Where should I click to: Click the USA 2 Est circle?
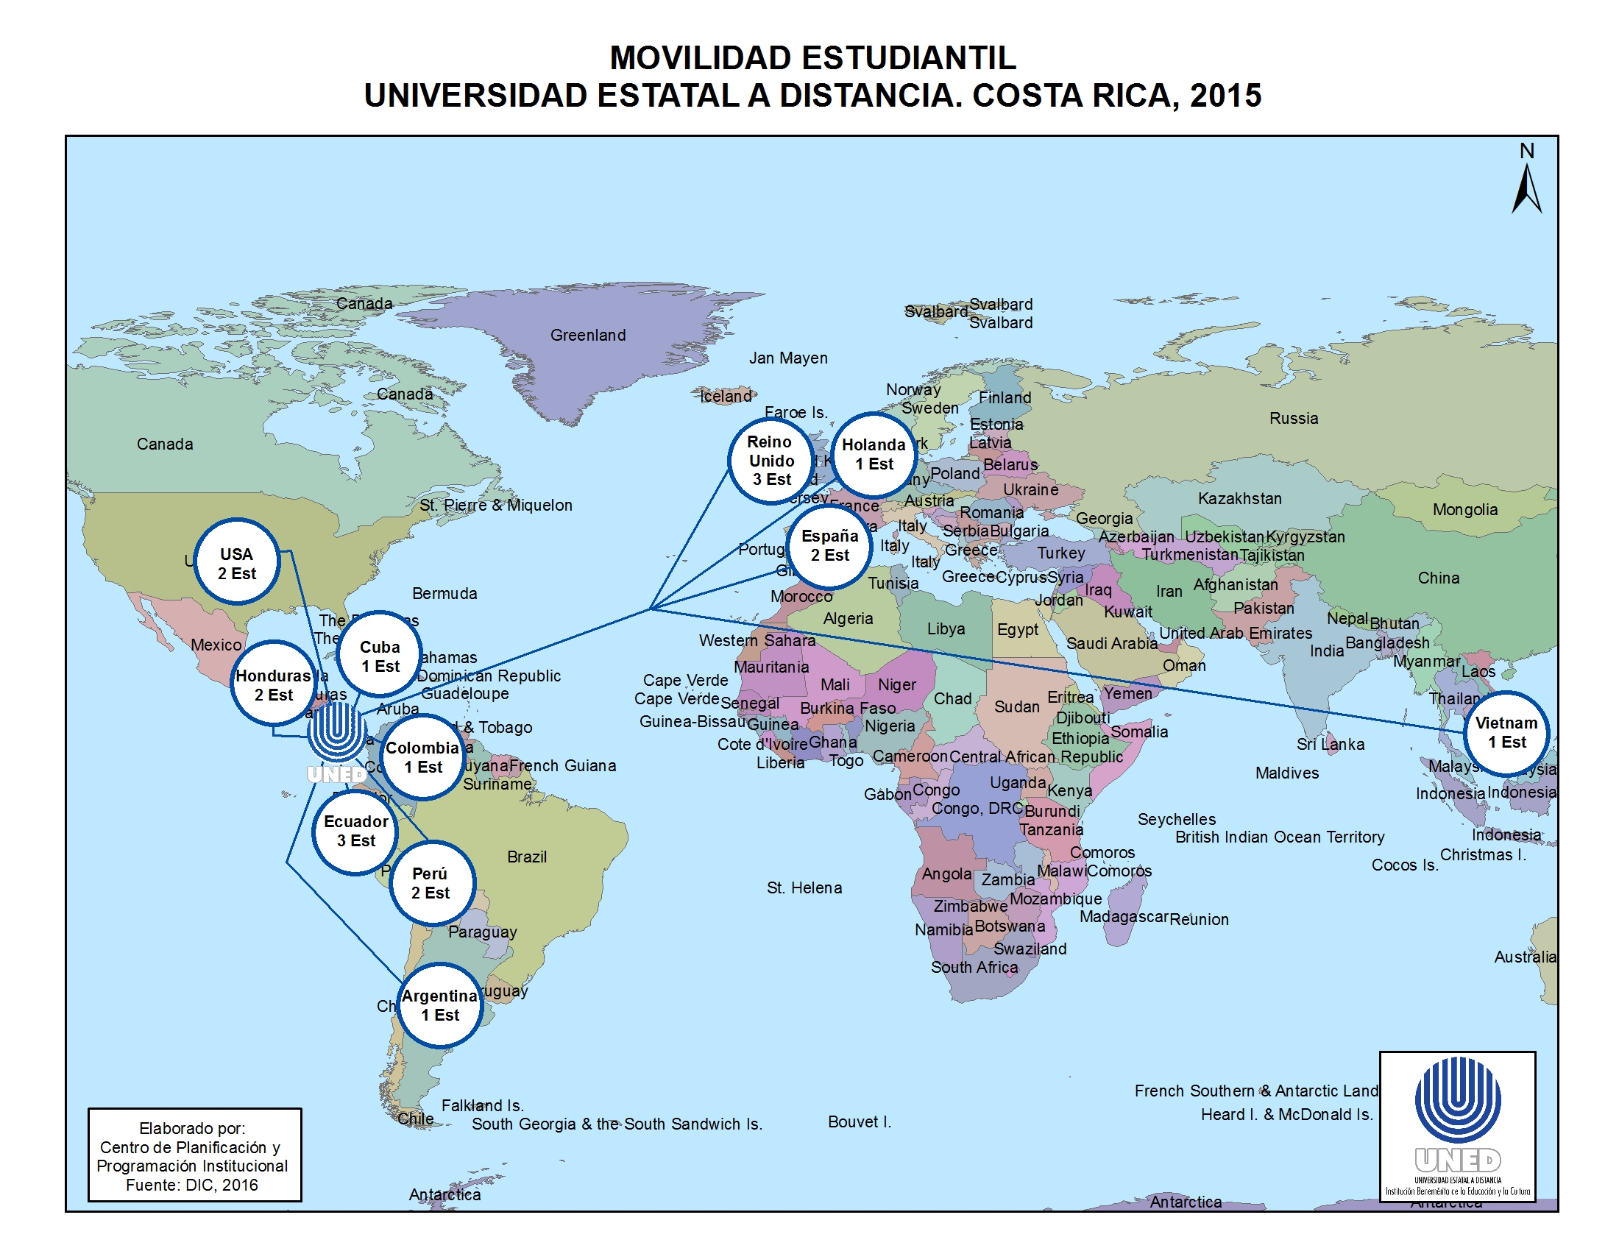(236, 562)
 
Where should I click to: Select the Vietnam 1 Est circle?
(1506, 732)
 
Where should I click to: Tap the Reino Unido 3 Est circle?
(771, 460)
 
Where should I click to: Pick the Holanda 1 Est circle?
(874, 453)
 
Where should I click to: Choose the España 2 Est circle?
(829, 545)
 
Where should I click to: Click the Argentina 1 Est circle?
(440, 1005)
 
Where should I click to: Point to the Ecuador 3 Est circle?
(356, 831)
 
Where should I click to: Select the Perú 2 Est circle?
(431, 882)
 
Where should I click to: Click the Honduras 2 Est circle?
(274, 685)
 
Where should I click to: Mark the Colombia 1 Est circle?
(422, 756)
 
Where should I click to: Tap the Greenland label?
(588, 335)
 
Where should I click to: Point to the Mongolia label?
(1464, 509)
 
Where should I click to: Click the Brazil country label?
(527, 857)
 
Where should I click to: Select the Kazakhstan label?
(1239, 498)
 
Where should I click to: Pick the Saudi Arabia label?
(1112, 643)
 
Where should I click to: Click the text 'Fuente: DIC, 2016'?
(192, 1184)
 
